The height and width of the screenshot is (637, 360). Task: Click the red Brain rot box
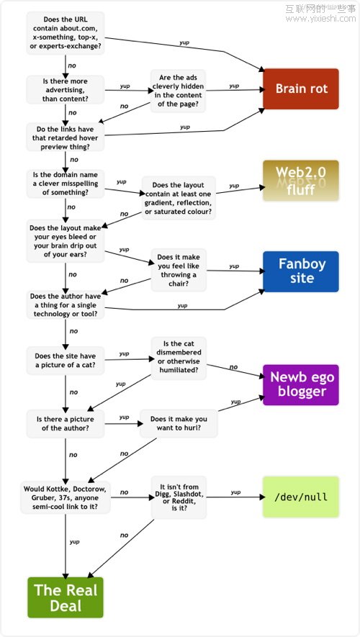(301, 89)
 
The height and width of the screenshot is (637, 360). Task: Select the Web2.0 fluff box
(301, 181)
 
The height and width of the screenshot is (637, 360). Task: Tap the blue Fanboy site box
(301, 271)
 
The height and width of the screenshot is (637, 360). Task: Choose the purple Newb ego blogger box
(301, 384)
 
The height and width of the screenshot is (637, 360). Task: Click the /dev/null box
(301, 497)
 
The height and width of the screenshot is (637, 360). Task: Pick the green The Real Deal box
(66, 597)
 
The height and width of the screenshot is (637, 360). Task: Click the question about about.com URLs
(66, 33)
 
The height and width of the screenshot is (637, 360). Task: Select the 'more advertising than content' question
(66, 90)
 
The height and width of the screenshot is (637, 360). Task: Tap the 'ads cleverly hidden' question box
(179, 91)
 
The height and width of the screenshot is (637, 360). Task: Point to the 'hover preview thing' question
(66, 138)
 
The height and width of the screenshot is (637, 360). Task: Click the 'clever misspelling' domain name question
(66, 184)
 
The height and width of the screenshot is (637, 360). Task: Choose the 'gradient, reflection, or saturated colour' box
(179, 198)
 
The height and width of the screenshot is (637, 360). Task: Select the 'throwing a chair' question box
(179, 270)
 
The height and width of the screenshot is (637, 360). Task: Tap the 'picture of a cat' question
(66, 361)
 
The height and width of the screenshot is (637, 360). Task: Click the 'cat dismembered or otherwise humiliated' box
(179, 358)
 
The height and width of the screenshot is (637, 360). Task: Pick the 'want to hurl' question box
(179, 423)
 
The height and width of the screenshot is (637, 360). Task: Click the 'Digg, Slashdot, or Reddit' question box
(179, 497)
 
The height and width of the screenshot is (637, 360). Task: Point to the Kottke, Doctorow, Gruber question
(66, 497)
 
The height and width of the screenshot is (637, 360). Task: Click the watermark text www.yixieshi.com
(320, 19)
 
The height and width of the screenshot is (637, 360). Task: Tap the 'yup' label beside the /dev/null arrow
(235, 492)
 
